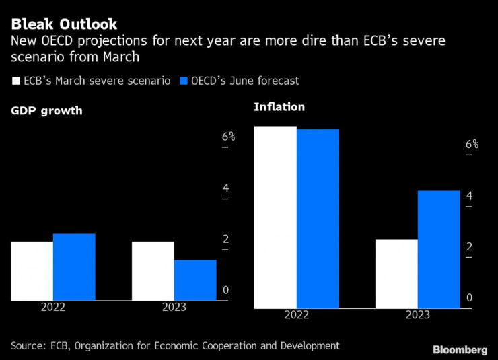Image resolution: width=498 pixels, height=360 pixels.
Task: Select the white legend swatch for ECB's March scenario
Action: pyautogui.click(x=15, y=81)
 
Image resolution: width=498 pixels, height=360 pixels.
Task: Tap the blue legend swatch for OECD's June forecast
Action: pyautogui.click(x=185, y=81)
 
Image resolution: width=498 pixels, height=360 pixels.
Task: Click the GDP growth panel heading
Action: pyautogui.click(x=46, y=111)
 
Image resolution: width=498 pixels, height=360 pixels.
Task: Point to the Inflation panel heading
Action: pyautogui.click(x=279, y=107)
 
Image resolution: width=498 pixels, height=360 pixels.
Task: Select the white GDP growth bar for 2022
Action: pyautogui.click(x=32, y=271)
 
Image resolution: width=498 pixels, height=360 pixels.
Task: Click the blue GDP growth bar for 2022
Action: pyautogui.click(x=74, y=267)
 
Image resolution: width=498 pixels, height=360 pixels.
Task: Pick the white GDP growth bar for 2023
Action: pyautogui.click(x=153, y=271)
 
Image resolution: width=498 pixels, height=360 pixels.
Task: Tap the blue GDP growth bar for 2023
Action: pyautogui.click(x=195, y=280)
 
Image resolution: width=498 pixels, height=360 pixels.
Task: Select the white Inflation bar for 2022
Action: pyautogui.click(x=275, y=217)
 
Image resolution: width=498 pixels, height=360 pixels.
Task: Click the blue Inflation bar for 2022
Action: pyautogui.click(x=318, y=219)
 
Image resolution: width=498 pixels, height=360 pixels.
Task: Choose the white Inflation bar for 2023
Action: pyautogui.click(x=396, y=274)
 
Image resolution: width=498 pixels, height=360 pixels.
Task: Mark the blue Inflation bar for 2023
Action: pyautogui.click(x=439, y=250)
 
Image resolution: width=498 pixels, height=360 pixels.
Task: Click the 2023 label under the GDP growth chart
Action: pyautogui.click(x=174, y=308)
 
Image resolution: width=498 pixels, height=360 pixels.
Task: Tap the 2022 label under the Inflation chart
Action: pyautogui.click(x=297, y=315)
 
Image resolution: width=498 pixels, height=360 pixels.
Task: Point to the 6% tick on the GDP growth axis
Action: pyautogui.click(x=229, y=137)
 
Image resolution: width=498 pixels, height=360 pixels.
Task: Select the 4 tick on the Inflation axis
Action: pyautogui.click(x=469, y=196)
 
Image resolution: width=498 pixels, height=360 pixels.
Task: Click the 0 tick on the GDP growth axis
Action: pyautogui.click(x=226, y=291)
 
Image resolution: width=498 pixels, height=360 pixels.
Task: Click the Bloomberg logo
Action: pyautogui.click(x=460, y=350)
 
